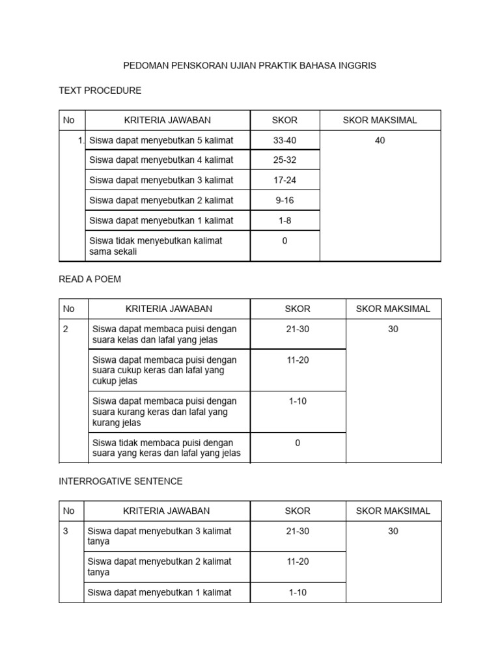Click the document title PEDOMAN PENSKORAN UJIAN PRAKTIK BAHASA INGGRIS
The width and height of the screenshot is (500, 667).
click(250, 66)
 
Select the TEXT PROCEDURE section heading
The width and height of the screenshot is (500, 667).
click(100, 90)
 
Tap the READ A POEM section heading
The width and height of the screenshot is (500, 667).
click(90, 279)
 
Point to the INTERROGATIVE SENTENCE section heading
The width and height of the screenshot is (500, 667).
click(120, 481)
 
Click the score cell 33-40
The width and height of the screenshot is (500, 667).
click(285, 140)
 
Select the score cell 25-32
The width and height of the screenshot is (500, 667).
click(285, 160)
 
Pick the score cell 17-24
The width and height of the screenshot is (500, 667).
click(285, 180)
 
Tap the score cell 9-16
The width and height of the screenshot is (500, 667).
click(285, 200)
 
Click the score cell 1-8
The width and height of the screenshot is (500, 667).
click(285, 220)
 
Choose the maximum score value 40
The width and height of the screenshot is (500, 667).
click(380, 140)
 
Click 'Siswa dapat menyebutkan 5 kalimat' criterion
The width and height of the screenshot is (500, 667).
click(161, 140)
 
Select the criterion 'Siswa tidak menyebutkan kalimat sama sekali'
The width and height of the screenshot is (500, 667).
click(156, 246)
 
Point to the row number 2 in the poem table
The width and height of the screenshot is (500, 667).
click(66, 329)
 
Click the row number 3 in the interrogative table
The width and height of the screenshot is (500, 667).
click(66, 531)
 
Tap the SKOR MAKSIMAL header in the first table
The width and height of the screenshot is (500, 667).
click(380, 120)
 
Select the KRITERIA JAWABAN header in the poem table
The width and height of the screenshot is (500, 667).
click(169, 309)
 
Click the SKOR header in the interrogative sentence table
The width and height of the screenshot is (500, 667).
click(298, 511)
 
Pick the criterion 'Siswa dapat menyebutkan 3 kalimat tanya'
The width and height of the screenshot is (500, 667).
click(160, 536)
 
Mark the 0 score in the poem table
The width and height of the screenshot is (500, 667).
click(298, 443)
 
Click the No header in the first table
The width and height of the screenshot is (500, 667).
click(69, 120)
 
